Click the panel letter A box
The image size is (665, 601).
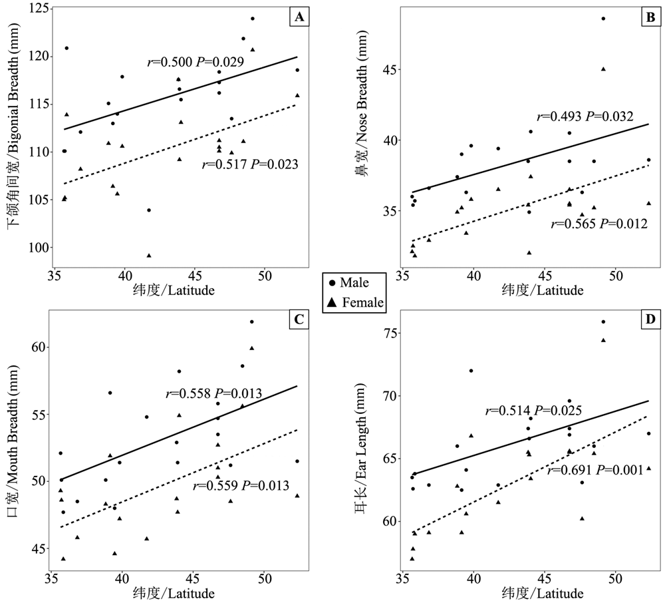[x=299, y=17]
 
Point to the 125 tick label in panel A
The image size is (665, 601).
[x=38, y=8]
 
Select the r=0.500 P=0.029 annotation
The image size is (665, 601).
[x=196, y=62]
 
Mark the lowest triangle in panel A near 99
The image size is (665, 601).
[x=149, y=255]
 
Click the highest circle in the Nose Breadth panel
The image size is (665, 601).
[x=603, y=19]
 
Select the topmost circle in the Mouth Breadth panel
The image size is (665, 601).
[x=252, y=322]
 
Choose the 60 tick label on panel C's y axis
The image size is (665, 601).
[x=38, y=347]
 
